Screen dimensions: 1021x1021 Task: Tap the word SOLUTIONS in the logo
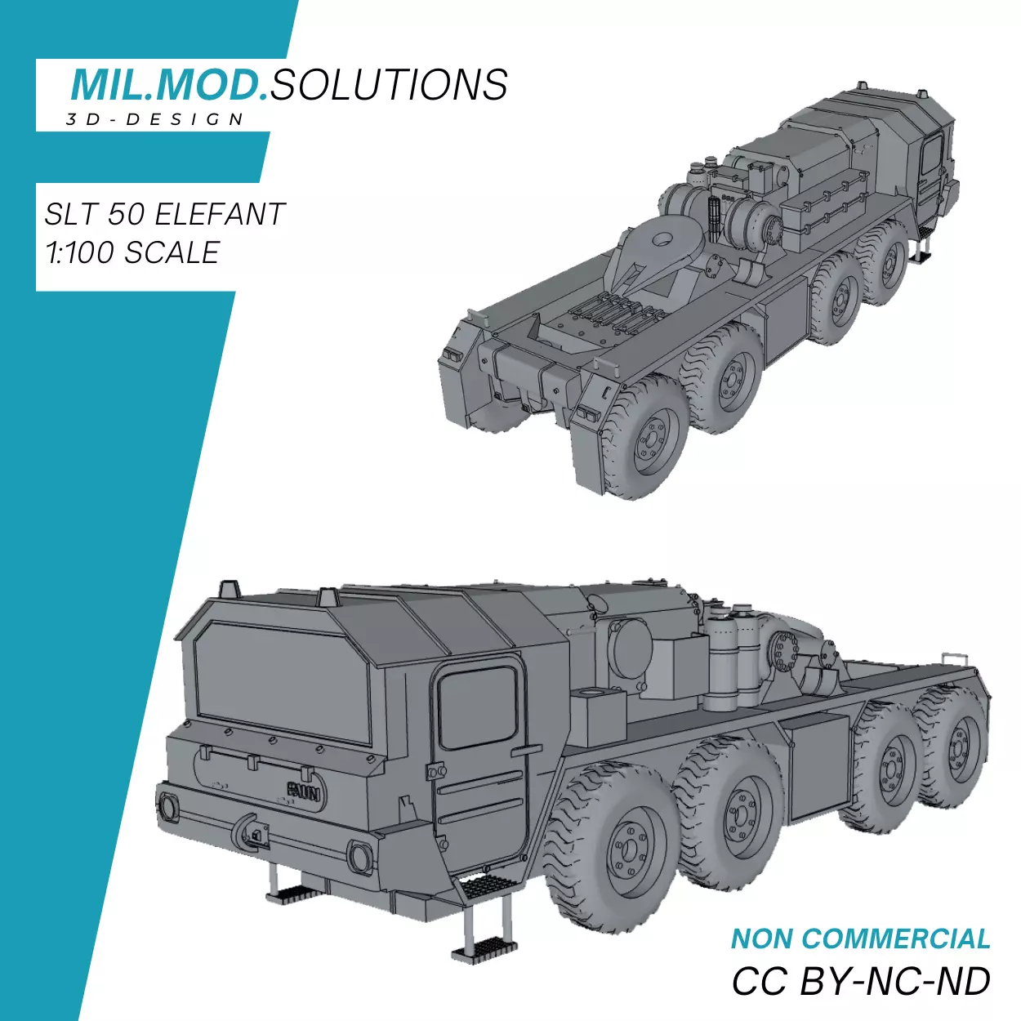[389, 85]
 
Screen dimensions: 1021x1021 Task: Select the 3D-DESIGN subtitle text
[155, 119]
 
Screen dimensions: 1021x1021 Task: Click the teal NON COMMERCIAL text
[860, 939]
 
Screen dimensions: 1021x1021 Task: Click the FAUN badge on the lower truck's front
[305, 791]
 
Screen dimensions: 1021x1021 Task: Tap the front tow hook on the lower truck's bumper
[249, 833]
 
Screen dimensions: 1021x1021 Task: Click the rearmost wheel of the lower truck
[956, 747]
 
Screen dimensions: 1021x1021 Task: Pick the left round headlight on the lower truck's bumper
[168, 807]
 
